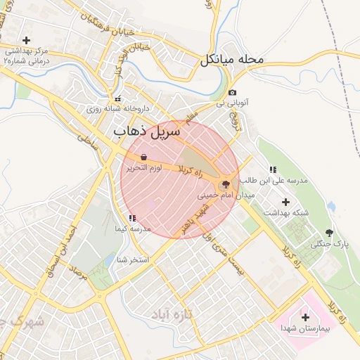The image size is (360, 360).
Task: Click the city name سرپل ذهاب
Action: point(147,131)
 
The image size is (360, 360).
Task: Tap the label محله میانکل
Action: point(231,59)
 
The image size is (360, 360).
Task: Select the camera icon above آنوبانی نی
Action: point(232,93)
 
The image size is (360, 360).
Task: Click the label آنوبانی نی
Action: point(233,104)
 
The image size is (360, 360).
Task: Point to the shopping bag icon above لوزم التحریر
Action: point(144,157)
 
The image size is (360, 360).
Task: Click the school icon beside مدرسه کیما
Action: point(133,219)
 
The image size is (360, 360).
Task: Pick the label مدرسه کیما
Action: point(133,229)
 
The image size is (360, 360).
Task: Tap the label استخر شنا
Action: point(133,259)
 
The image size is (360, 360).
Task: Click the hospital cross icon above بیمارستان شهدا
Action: point(305,318)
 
